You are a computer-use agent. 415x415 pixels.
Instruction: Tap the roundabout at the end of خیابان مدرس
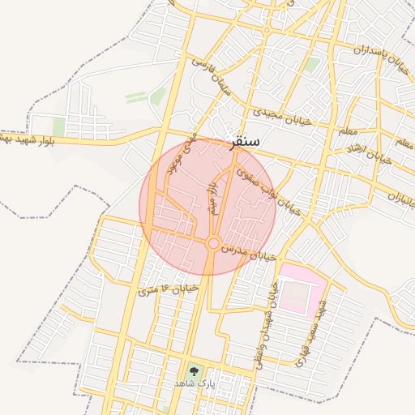[x=212, y=243]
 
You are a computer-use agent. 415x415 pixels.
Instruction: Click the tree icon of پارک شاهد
[x=192, y=370]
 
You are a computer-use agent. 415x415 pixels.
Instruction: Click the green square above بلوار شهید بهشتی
[x=58, y=126]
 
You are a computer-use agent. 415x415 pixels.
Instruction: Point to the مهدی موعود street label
[x=181, y=155]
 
